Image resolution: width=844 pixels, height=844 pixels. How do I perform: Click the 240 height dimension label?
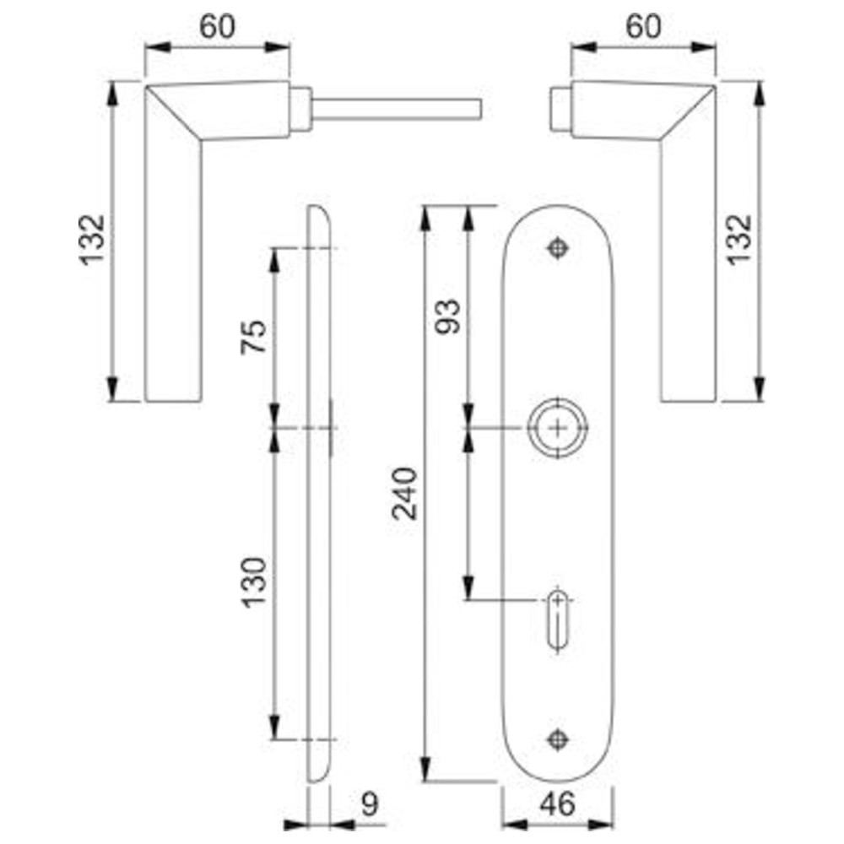click(405, 494)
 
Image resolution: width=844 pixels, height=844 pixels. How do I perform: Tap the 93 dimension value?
click(448, 316)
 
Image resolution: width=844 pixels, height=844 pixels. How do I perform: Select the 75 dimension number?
click(253, 337)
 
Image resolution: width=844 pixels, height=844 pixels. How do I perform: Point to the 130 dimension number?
click(253, 583)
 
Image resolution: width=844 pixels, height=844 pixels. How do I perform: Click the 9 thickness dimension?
click(370, 804)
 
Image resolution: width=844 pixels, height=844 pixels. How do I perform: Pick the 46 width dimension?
click(557, 804)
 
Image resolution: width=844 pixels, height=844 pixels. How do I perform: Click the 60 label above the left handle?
click(217, 26)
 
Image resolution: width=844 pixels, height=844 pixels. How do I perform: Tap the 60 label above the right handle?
click(643, 26)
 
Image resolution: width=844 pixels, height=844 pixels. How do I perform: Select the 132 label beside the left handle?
click(92, 240)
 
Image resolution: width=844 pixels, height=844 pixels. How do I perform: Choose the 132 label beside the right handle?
click(739, 240)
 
